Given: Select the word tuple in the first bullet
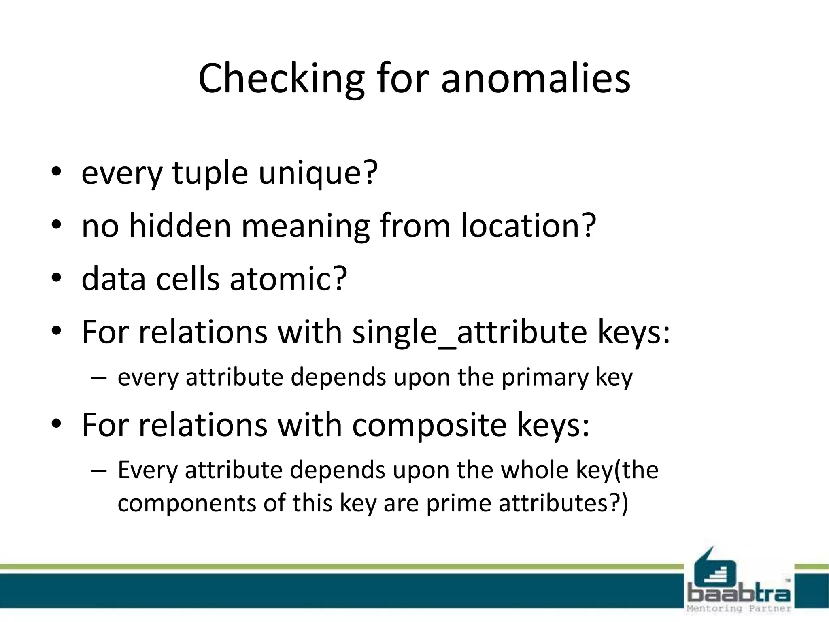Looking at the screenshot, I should point(210,173).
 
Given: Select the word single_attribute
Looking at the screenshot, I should point(469,332).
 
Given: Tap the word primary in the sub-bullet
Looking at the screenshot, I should point(545,377).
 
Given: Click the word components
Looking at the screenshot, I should point(187,504).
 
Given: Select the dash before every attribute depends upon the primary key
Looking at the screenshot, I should point(99,378).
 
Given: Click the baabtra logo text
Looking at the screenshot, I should point(739,594).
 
